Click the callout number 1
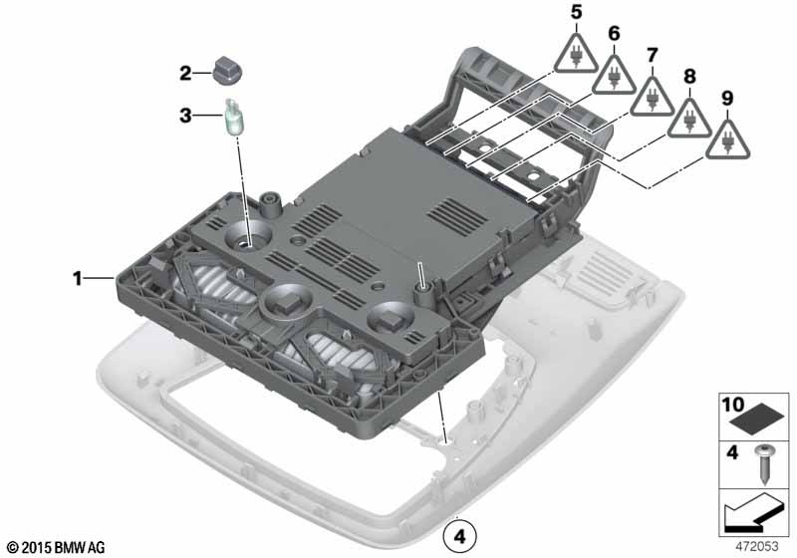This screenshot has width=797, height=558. (x=78, y=278)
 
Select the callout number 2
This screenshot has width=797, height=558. (x=185, y=73)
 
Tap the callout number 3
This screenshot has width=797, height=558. (x=185, y=116)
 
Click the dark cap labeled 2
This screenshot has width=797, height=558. (x=227, y=73)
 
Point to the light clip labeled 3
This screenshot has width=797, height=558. (x=234, y=117)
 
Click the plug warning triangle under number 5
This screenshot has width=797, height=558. (x=576, y=54)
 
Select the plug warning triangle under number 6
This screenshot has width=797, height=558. (x=614, y=74)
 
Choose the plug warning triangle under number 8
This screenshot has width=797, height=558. (x=689, y=118)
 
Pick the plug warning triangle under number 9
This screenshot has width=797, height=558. (x=727, y=139)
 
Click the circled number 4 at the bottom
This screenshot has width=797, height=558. (x=460, y=536)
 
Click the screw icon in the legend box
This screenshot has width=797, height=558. (x=763, y=464)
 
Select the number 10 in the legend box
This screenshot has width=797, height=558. (x=733, y=405)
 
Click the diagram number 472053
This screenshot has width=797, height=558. (x=757, y=546)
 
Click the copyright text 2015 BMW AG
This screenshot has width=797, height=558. (x=57, y=548)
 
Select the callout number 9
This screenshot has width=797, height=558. (x=727, y=98)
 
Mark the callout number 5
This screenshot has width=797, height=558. (x=576, y=12)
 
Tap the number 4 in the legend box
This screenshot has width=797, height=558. (x=732, y=451)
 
